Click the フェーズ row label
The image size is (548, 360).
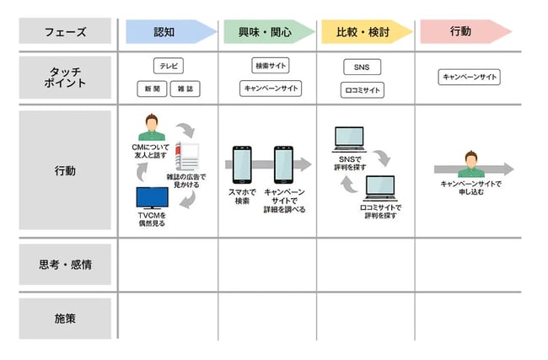point(65,32)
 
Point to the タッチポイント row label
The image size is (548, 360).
point(65,77)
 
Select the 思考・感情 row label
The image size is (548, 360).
point(65,265)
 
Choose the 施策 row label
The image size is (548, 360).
point(65,318)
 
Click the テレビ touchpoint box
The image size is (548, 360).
point(169,66)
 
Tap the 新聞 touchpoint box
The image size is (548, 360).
point(152,89)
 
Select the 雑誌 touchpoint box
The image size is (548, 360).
point(185,89)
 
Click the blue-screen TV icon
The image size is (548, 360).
point(153,197)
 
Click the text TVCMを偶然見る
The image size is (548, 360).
point(152,219)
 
